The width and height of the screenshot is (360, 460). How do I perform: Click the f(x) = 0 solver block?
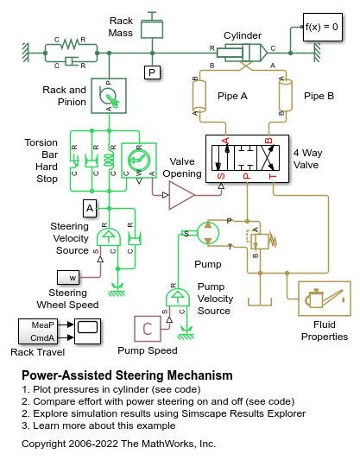(322, 27)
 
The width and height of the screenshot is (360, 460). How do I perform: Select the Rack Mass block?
(152, 29)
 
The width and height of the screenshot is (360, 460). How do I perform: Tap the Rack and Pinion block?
(109, 96)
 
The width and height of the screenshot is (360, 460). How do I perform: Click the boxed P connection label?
(152, 72)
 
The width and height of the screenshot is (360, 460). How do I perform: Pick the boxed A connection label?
(90, 208)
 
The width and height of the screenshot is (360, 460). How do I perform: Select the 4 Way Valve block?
(247, 159)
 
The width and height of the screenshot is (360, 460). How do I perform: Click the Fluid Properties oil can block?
(325, 299)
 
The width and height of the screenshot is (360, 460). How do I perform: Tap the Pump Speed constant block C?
(148, 329)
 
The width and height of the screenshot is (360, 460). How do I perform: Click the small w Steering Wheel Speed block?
(68, 278)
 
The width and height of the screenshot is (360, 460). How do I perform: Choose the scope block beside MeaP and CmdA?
(87, 331)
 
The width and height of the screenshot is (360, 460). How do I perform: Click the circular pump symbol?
(208, 233)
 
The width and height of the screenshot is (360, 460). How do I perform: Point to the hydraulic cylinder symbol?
(242, 54)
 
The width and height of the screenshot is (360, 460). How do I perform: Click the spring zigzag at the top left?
(70, 44)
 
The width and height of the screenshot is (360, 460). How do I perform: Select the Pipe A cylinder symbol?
(199, 96)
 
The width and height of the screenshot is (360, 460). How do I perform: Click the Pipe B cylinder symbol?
(285, 95)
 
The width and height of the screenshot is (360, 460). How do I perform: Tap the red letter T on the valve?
(273, 176)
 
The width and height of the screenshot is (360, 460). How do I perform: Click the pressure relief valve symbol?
(262, 241)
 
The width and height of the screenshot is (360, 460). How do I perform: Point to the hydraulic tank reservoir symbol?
(260, 302)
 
